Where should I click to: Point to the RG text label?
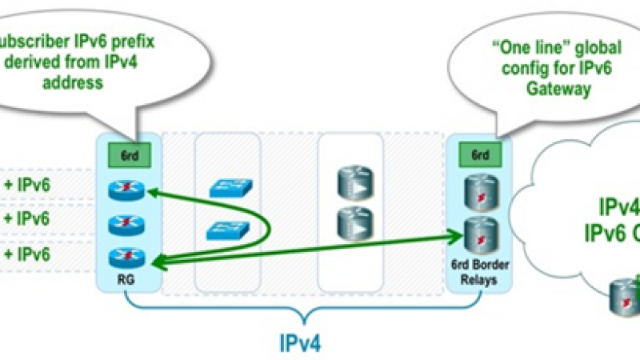coord(128,280)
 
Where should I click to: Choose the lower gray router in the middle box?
coord(352,223)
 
